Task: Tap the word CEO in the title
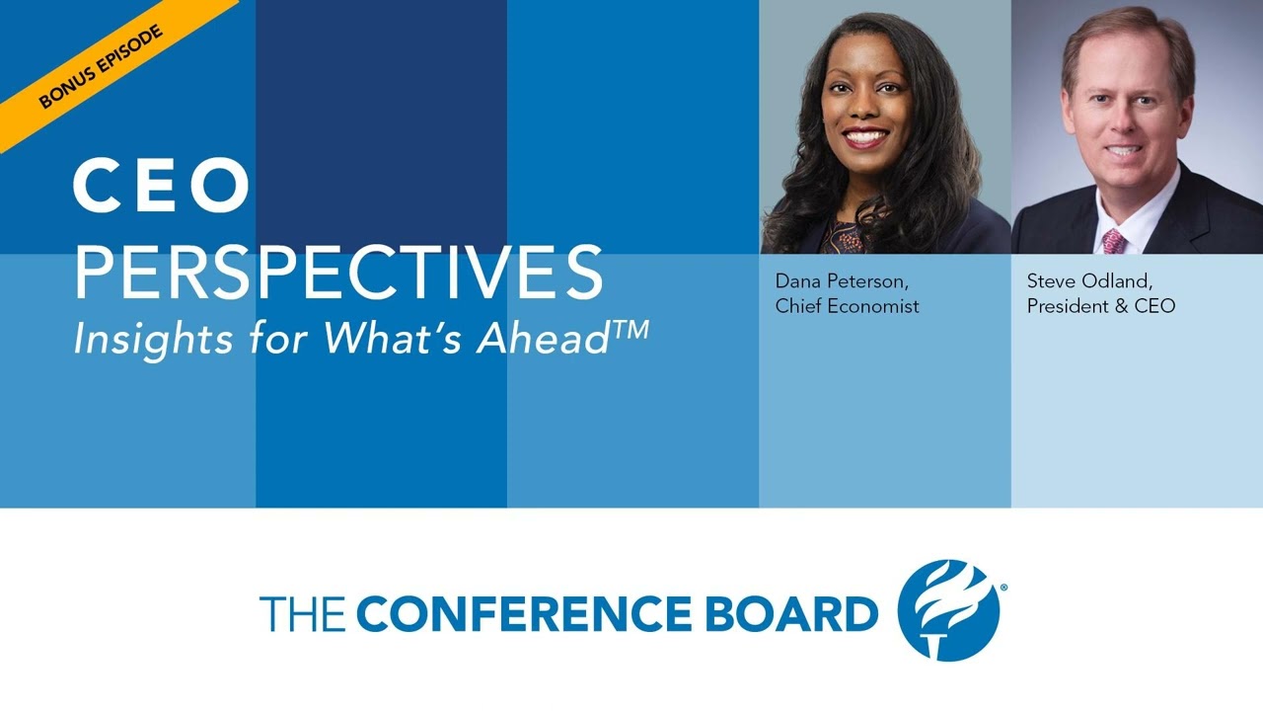162,188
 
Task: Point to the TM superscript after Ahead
631,329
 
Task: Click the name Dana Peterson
841,281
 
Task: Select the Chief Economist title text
847,306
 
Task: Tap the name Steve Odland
1089,281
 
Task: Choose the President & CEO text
1100,306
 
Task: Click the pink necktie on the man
1114,240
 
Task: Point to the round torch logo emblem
948,609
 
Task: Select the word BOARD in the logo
788,614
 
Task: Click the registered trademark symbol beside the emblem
1003,589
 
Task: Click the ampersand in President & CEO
1122,306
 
